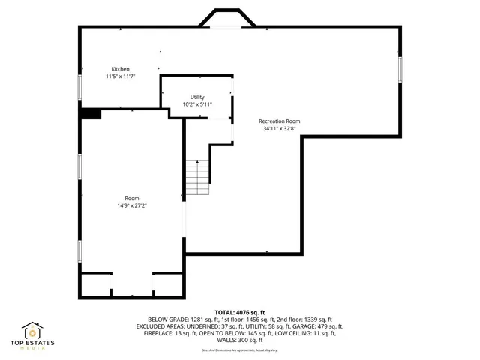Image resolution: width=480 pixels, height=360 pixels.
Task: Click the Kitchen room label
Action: click(x=121, y=68)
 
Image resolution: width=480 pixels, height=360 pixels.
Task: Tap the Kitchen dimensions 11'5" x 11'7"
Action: click(x=121, y=76)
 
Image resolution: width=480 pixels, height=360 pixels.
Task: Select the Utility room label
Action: click(x=197, y=97)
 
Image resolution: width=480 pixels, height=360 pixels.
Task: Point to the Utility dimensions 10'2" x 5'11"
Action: click(x=197, y=105)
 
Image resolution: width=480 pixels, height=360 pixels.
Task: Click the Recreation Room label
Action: click(x=279, y=121)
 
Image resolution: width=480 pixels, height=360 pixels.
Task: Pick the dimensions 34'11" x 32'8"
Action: click(x=279, y=129)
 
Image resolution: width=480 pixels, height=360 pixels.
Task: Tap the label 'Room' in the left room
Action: click(x=132, y=198)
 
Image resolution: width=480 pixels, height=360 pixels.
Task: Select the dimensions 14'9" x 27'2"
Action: click(x=132, y=205)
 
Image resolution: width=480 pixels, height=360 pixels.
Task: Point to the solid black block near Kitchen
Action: click(x=91, y=113)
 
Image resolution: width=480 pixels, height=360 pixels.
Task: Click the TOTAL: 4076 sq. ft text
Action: click(x=240, y=312)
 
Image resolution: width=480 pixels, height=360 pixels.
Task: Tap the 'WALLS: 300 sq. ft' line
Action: click(x=240, y=340)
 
